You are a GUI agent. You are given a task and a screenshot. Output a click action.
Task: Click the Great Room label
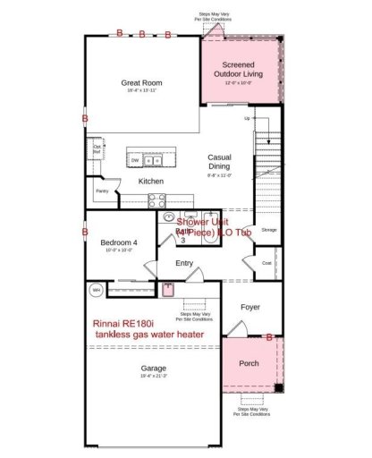point(141,83)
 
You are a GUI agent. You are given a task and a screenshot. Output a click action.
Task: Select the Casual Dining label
point(220,161)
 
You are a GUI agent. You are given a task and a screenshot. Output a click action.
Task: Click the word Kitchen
point(150,182)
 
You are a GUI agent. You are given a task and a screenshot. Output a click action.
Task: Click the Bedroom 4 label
point(118,242)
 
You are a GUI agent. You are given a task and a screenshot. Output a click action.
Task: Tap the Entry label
point(184,263)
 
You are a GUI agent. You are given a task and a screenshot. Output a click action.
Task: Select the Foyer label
point(250,307)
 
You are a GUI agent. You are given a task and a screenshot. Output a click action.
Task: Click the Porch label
point(249,363)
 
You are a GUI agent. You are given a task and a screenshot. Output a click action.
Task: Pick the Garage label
point(153,368)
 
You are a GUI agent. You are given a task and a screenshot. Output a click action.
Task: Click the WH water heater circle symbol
point(97,289)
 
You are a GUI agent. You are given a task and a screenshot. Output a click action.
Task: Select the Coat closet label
point(267,262)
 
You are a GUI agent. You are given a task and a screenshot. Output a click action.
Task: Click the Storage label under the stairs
point(268,230)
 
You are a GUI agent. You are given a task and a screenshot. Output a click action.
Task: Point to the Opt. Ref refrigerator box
point(97,148)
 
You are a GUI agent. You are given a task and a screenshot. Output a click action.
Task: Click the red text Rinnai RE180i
point(133,323)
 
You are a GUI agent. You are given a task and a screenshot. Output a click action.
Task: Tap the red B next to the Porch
point(270,336)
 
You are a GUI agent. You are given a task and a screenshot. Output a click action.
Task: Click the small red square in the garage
point(166,289)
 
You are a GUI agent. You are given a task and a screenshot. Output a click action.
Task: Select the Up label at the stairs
point(248,118)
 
